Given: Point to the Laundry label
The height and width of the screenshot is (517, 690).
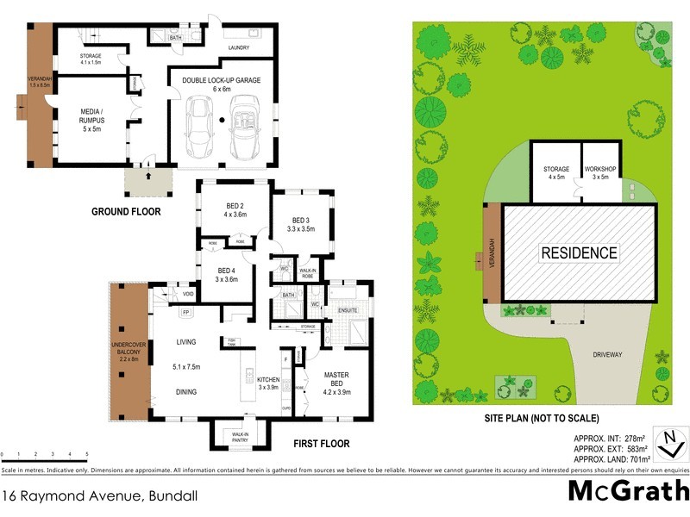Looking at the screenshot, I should (238, 47).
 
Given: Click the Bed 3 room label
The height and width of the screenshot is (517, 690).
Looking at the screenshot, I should (300, 224).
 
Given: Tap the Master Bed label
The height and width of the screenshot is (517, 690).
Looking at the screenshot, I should (337, 380).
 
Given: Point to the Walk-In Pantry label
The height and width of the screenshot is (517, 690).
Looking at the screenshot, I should (239, 438).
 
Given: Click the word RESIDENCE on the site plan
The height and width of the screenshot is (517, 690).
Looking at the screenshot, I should (579, 252).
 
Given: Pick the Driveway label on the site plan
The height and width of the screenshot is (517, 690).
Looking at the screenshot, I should (608, 353).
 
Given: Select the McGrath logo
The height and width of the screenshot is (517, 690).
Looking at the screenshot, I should (628, 490).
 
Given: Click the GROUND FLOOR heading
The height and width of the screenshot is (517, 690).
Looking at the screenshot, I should (127, 211).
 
